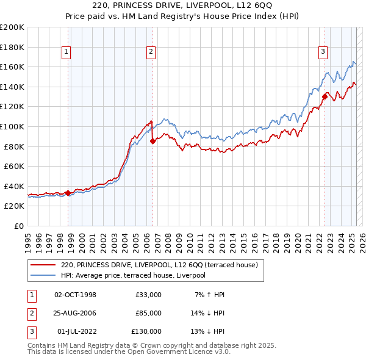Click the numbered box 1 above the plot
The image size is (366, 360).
click(x=65, y=52)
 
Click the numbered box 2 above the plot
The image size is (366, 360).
click(x=150, y=52)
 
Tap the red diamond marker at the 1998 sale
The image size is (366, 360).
click(x=68, y=193)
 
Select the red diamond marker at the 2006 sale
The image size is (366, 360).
click(x=152, y=142)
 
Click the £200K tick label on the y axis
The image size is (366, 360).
click(x=12, y=27)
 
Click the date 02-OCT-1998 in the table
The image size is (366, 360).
click(x=76, y=295)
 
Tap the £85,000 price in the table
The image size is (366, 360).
click(x=146, y=313)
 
